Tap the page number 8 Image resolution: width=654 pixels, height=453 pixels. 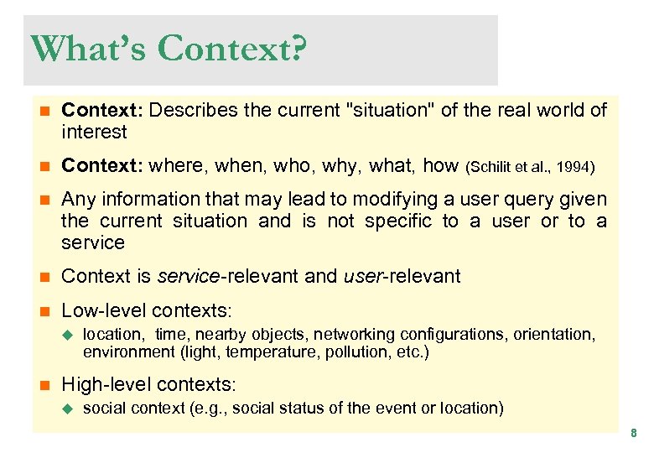coord(634,434)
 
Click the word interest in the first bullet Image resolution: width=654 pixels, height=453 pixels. coord(94,132)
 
